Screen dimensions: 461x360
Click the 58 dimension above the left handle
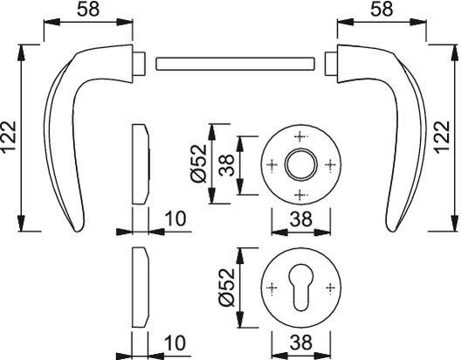88,10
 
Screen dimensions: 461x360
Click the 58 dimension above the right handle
382,9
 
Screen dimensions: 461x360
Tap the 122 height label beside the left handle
9,137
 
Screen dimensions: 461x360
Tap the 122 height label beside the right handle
443,137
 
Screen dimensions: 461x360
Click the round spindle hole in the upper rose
300,164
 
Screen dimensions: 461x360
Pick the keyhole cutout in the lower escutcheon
300,287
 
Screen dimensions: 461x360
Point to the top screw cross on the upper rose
300,136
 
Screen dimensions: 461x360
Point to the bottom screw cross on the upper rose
300,194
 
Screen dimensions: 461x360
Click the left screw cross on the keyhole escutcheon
272,287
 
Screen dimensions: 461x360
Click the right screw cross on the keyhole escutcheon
330,287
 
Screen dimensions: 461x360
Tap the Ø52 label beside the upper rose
199,163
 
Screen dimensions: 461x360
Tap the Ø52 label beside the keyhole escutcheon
227,287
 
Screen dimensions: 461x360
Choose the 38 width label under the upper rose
300,219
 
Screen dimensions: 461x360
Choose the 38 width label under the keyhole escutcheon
300,343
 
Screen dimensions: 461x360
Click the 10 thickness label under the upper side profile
175,218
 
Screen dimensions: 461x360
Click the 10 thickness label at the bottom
175,343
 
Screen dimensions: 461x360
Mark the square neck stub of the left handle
139,63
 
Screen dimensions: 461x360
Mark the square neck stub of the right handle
331,63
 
